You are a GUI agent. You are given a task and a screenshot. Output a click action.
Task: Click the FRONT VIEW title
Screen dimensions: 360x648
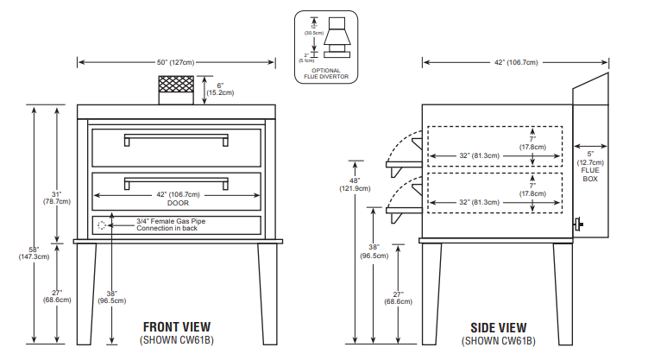[177, 327]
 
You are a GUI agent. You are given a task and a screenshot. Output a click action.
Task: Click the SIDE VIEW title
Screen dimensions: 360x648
[498, 327]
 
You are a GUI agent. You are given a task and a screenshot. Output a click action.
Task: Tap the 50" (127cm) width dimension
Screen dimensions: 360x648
[176, 62]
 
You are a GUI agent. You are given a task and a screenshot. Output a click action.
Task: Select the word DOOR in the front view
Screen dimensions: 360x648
[176, 204]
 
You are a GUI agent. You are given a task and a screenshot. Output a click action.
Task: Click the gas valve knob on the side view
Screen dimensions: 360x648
[580, 226]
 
